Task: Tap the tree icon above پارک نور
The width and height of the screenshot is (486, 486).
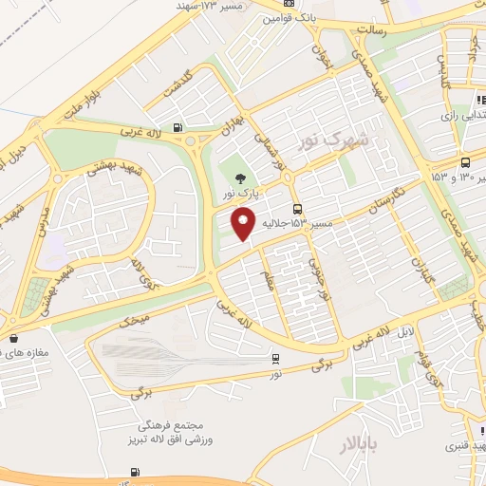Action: coord(238,177)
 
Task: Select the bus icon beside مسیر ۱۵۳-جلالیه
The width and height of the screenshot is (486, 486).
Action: coord(298,209)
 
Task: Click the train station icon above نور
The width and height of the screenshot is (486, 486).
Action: coord(275,359)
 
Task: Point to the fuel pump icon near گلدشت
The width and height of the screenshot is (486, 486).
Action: coord(178,129)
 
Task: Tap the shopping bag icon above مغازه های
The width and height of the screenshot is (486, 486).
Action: coord(13,338)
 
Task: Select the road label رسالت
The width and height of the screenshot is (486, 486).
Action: coord(371,29)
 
